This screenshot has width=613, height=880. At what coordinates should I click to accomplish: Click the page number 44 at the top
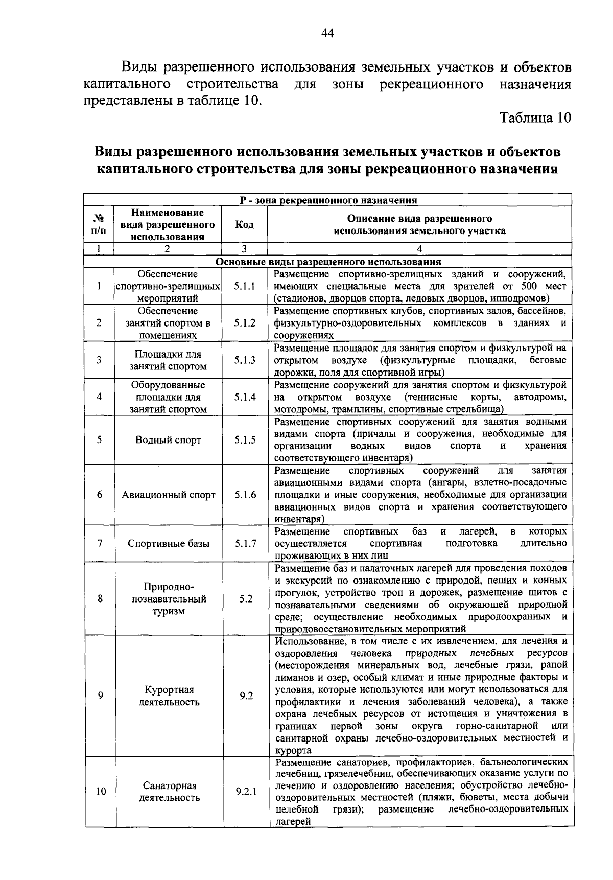coord(327,33)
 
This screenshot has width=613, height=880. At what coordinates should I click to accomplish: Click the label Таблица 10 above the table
coord(535,118)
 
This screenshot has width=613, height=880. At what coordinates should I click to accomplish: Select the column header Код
coord(245,225)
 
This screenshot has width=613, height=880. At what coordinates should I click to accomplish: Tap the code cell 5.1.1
coord(245,286)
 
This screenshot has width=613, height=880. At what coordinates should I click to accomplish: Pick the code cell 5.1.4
coord(245,397)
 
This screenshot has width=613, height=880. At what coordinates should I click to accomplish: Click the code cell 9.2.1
coord(246,792)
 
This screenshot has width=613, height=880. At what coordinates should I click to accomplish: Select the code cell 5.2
coord(246,598)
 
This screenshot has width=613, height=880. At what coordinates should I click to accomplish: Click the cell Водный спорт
coord(168,440)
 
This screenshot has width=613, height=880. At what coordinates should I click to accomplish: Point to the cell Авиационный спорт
coord(168,495)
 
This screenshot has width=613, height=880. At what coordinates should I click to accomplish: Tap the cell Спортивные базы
coord(168,544)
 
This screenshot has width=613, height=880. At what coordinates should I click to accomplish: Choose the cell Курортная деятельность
coord(169,696)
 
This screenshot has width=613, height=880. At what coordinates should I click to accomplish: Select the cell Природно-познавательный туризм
coord(169,598)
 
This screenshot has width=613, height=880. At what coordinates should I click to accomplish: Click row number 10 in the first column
coord(101,792)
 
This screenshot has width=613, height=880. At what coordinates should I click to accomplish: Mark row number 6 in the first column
coord(100,495)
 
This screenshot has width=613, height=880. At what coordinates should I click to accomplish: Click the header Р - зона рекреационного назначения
coord(328,200)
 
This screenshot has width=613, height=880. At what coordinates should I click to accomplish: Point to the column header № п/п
coord(99,225)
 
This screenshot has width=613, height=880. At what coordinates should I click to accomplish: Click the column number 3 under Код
coord(244,249)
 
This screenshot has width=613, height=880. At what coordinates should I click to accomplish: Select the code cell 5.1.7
coord(245,544)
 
